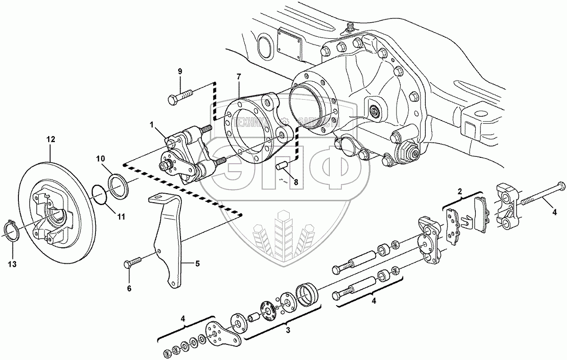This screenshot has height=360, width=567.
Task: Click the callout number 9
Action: coord(180,71)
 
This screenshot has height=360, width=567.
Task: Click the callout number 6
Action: coord(129,288)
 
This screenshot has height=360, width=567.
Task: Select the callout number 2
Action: coord(459,191)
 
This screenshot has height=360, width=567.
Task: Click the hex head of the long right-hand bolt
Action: coord(561,185)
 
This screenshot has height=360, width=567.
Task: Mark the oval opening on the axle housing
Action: coord(265,47)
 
